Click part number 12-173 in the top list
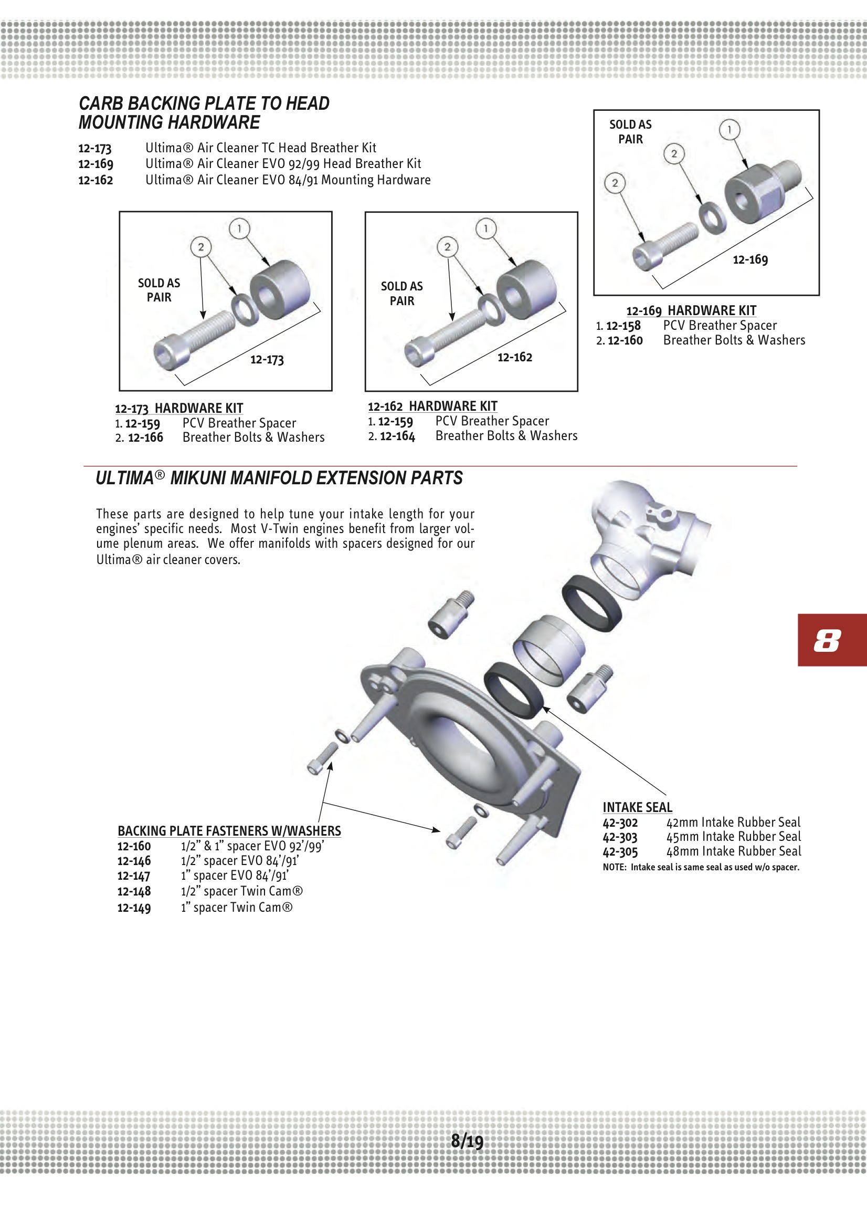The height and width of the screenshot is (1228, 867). [x=95, y=148]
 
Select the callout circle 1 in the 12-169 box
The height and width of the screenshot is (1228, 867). [x=729, y=129]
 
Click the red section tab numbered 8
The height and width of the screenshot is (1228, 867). [x=832, y=640]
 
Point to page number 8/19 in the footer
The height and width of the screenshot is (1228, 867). [x=467, y=1141]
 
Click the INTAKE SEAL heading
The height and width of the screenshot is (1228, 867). [x=637, y=807]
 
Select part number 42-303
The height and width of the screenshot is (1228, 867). [x=620, y=838]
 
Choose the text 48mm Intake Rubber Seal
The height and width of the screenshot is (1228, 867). [x=733, y=851]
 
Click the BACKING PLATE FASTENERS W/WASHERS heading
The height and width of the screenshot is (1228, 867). [x=229, y=830]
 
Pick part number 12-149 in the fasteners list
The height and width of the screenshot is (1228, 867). [x=134, y=908]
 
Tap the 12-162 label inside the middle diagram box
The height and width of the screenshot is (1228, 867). [x=515, y=357]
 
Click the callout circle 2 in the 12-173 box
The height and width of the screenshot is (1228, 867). [x=201, y=246]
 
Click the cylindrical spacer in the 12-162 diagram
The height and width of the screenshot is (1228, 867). [x=526, y=289]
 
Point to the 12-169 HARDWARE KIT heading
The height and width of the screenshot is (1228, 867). [x=691, y=311]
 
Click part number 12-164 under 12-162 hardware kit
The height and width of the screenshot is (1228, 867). [x=397, y=436]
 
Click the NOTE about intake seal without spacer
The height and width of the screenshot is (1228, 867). [x=701, y=867]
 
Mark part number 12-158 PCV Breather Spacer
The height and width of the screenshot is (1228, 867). [x=623, y=325]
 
